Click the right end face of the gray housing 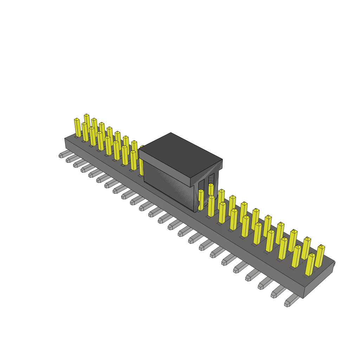tap(319, 279)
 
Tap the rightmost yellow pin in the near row tap(310, 264)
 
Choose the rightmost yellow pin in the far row tap(320, 256)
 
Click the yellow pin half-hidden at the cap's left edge tap(141, 162)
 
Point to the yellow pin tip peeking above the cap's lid tap(142, 147)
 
